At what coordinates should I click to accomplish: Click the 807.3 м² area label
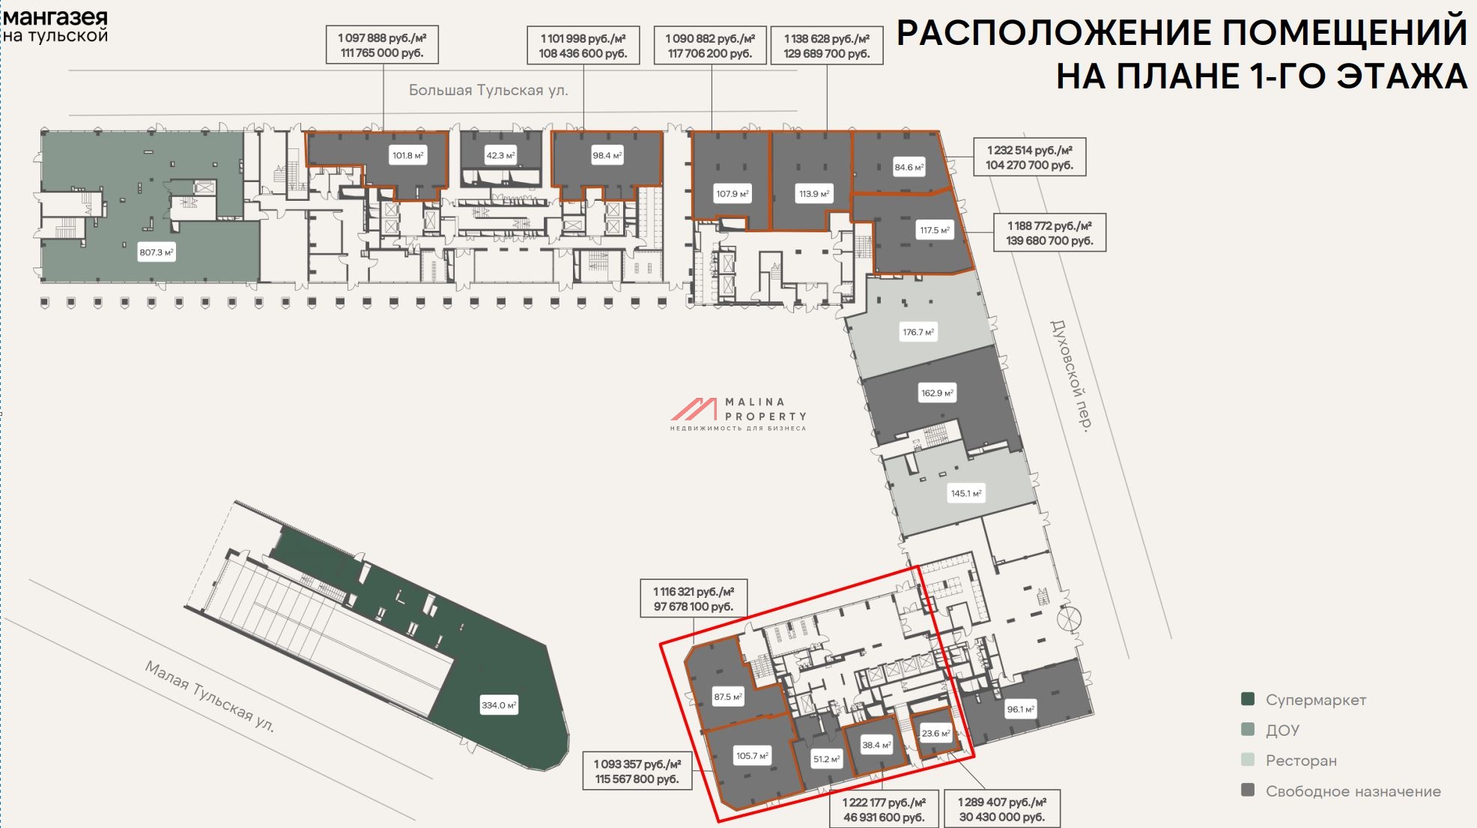tap(157, 253)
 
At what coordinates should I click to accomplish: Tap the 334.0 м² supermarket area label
tap(499, 705)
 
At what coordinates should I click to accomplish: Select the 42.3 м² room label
tap(501, 156)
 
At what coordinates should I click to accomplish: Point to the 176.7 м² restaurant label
tap(918, 332)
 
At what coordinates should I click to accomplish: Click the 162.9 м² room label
tap(937, 393)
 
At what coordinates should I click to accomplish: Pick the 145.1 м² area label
tap(966, 493)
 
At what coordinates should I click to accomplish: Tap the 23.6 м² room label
tap(936, 734)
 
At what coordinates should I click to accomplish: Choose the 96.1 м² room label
tap(1021, 709)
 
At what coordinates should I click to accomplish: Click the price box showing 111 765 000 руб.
tap(382, 46)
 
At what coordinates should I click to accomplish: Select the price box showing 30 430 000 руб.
tap(1002, 809)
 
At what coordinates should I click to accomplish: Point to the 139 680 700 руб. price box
tap(1049, 233)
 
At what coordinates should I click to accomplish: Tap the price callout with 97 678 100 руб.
tap(694, 599)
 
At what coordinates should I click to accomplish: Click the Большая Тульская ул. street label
tap(488, 91)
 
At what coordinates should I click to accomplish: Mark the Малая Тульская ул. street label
tap(209, 696)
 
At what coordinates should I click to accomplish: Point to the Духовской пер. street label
tap(1070, 375)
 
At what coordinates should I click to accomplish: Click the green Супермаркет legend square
tap(1248, 699)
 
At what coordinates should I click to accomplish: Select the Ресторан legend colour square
tap(1248, 760)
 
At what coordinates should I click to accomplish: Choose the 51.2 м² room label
tap(826, 759)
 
